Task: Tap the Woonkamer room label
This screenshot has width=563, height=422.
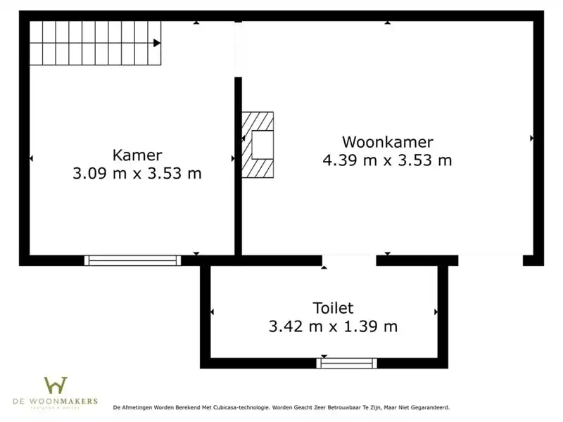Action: (387, 142)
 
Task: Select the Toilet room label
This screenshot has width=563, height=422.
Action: (333, 308)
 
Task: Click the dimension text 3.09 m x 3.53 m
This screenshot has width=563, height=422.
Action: (137, 173)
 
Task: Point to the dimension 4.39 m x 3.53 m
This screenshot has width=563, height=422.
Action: (387, 160)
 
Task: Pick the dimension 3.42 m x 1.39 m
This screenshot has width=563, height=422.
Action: (333, 326)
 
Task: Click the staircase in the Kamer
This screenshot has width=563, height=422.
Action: (95, 43)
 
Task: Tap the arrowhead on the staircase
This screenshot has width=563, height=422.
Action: (157, 43)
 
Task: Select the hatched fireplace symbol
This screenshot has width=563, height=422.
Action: (258, 144)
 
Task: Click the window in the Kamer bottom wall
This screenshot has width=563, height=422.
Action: (132, 260)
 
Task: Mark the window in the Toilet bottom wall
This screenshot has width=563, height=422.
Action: (346, 363)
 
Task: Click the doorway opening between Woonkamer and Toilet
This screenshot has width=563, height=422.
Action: (349, 260)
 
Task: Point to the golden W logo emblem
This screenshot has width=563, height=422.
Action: (56, 385)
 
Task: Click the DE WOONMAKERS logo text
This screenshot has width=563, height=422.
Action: (56, 401)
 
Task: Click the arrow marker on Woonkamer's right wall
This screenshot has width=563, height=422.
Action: (532, 139)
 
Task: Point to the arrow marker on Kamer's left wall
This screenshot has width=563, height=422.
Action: (31, 159)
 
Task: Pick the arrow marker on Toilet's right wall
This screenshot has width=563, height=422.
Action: (436, 311)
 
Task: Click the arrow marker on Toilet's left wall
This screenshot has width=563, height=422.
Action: (213, 311)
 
